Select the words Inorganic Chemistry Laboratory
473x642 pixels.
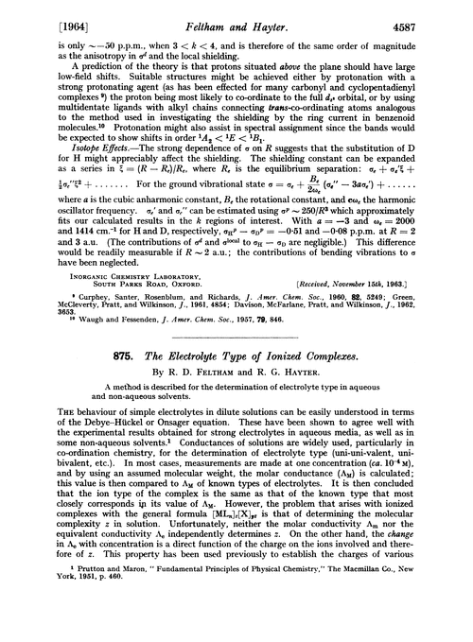[114, 275]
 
